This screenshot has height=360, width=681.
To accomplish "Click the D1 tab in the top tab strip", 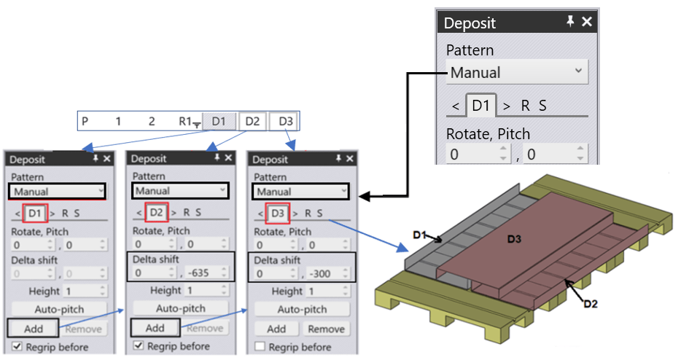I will tap(219, 121).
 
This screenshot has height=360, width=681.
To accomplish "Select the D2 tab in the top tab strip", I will tap(252, 121).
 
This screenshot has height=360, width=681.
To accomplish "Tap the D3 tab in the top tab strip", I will tap(284, 121).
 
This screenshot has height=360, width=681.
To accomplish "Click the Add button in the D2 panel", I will tap(155, 328).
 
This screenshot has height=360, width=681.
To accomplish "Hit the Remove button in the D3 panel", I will tap(325, 329).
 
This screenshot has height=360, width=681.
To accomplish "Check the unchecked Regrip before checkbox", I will tap(260, 346).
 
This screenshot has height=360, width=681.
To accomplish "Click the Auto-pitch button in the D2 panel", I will tap(181, 309).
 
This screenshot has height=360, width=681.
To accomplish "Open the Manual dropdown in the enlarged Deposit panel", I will tap(517, 72).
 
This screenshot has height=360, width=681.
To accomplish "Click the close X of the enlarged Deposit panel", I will tap(587, 23).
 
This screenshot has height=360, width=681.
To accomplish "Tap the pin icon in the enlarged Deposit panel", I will tap(570, 23).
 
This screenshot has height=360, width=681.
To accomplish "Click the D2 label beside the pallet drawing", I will tap(591, 303).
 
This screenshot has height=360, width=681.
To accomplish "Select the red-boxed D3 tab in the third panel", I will tap(278, 213).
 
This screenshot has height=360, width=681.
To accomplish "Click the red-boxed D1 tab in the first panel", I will tap(36, 213).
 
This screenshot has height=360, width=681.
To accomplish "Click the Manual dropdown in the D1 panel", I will tap(57, 192).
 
